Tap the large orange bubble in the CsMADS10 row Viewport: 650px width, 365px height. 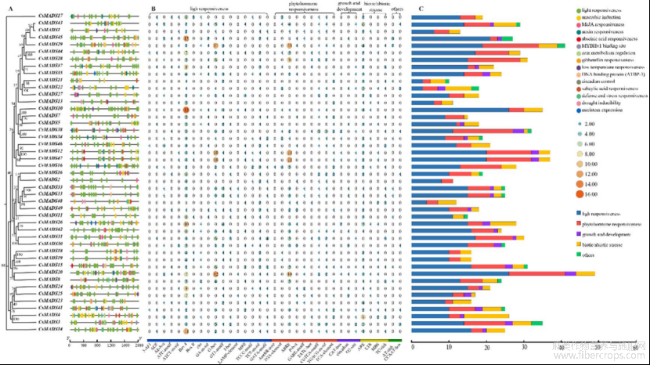(186, 109)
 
